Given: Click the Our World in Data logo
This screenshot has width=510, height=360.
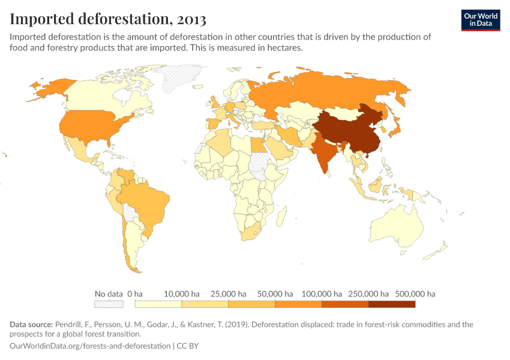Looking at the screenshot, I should [481, 20].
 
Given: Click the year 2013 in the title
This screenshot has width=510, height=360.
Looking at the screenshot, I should [191, 19].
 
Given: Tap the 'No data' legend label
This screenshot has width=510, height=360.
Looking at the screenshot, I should [109, 294].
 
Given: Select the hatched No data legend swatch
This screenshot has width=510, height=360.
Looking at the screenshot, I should [109, 304].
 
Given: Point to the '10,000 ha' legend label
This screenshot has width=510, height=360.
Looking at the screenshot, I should [182, 294].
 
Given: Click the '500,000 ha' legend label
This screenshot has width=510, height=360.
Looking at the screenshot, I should [415, 294].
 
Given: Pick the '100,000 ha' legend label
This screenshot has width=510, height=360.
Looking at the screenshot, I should [322, 294].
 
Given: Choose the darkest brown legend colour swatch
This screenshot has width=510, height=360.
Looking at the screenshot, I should [392, 304].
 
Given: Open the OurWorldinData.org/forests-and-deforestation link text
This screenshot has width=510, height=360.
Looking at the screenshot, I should [90, 346].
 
